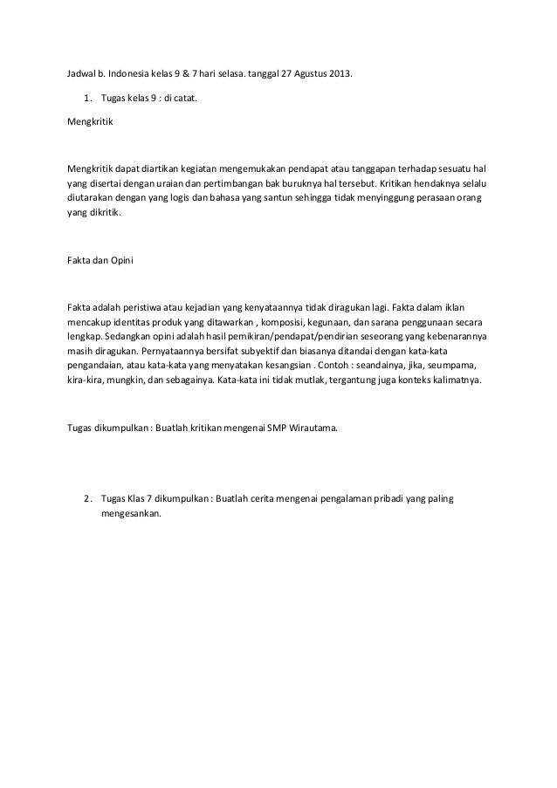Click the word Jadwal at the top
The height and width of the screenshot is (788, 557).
[84, 72]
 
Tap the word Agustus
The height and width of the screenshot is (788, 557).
[308, 72]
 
